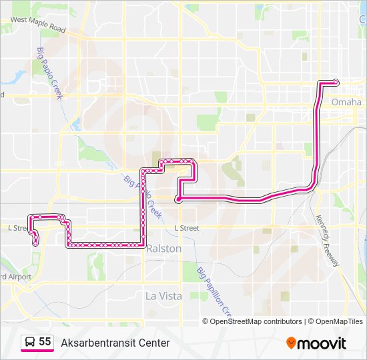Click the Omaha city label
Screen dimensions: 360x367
[x=346, y=102]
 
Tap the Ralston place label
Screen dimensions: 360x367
[x=164, y=248]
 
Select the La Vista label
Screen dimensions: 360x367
[x=163, y=296]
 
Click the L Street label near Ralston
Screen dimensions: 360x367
[x=187, y=228]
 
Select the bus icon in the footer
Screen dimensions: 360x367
[x=29, y=343]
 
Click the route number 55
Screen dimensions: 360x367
[x=45, y=342]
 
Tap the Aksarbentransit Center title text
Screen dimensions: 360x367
[x=115, y=343]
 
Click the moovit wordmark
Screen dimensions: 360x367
[x=322, y=343]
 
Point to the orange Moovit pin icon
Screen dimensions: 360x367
[x=291, y=343]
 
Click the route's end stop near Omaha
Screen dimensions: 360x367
[x=336, y=82]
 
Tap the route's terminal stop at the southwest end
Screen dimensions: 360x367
[x=35, y=244]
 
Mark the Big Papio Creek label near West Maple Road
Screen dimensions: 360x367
[x=49, y=73]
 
